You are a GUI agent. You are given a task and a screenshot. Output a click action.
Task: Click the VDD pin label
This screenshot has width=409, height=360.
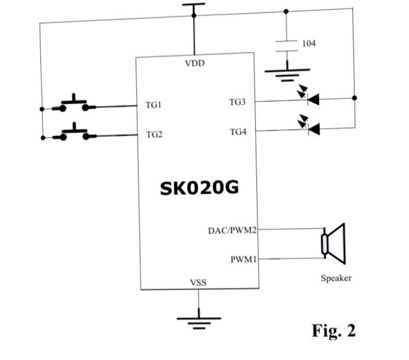195,63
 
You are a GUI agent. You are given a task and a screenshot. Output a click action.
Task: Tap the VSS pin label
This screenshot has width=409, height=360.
198,282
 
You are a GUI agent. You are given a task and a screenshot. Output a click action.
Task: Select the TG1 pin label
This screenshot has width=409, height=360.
153,105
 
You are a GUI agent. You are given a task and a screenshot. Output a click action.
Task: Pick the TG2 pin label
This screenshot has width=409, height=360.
154,134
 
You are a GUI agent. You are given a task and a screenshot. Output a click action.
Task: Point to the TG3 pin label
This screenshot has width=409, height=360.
237,102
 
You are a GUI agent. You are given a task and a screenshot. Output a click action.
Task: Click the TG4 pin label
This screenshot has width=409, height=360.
238,131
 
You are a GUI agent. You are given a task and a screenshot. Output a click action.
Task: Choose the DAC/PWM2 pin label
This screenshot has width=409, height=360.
232,230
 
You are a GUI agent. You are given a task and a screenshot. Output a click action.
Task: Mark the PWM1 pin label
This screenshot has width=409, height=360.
243,259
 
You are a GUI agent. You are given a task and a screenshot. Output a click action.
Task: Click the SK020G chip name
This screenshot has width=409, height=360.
199,188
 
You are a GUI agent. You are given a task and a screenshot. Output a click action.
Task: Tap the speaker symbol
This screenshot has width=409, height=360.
333,243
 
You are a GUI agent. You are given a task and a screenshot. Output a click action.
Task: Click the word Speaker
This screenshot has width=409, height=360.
336,278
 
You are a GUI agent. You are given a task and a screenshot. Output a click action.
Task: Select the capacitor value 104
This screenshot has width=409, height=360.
309,43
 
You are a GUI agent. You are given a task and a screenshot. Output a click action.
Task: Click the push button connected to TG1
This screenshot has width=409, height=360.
74,104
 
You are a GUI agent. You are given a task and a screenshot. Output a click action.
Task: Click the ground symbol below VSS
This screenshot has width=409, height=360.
198,322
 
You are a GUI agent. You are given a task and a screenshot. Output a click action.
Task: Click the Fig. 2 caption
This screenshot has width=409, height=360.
334,330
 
